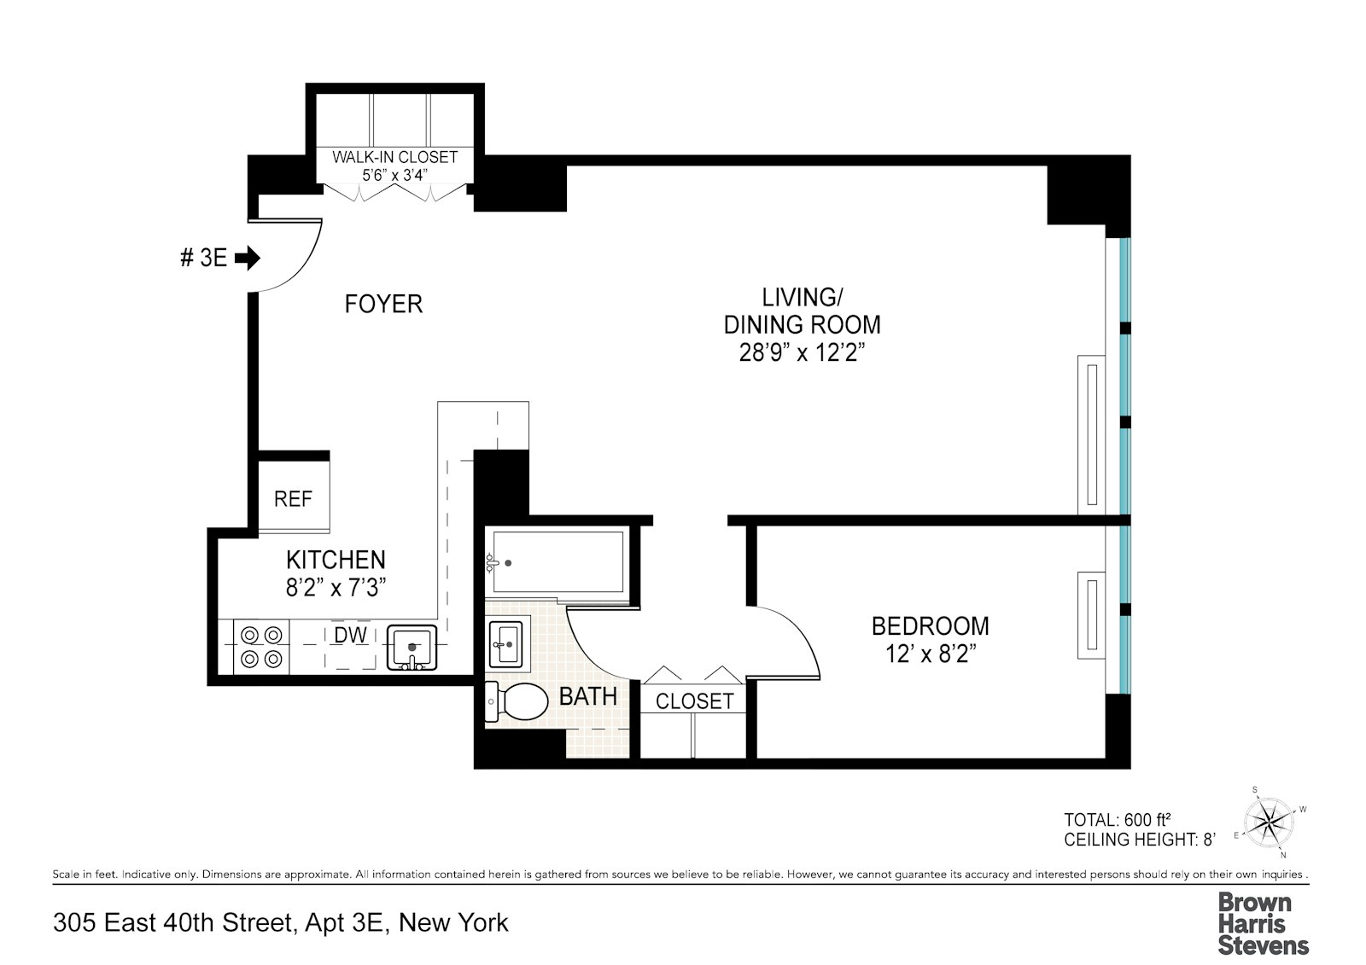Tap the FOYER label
(x=383, y=304)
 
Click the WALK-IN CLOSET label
(x=394, y=157)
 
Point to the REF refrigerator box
(x=293, y=498)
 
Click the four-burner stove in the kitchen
(x=261, y=646)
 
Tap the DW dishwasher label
(x=350, y=635)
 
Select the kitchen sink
(x=412, y=648)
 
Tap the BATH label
(x=587, y=696)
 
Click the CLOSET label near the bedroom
(x=694, y=701)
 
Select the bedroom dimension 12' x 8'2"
(x=930, y=654)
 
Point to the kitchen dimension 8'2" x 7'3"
(x=336, y=588)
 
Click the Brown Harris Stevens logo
(x=1263, y=923)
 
